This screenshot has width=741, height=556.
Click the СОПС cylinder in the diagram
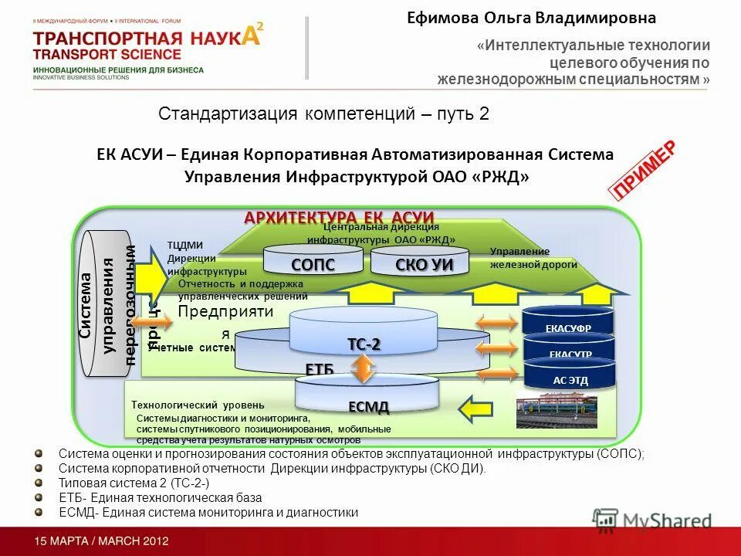coord(313,263)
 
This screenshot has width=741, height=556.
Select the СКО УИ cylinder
coord(421,263)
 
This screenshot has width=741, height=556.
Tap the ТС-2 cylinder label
coord(364,344)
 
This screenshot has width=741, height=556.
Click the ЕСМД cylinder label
coord(367,406)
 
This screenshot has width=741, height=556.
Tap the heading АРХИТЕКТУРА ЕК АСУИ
coord(340,218)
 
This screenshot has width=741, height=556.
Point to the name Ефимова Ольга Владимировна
coord(532,18)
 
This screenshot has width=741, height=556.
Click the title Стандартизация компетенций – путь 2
coord(324,114)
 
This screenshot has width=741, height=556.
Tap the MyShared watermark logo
coord(652,520)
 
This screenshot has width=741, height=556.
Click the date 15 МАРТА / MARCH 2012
coord(100,541)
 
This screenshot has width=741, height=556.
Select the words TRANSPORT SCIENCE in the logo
coord(107,54)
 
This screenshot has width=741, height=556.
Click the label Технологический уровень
coord(198,405)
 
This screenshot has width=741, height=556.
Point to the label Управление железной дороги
coord(533,258)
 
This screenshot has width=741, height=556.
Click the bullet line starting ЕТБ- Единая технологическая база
coord(160,497)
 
